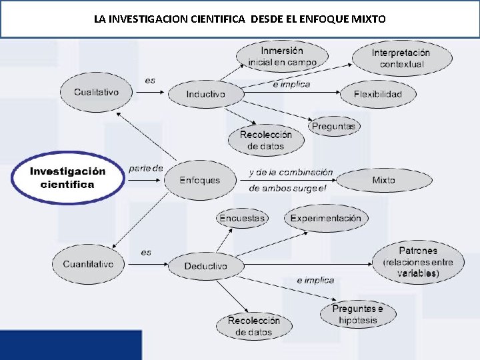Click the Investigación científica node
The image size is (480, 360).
pos(67,178)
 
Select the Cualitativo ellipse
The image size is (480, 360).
pos(96,92)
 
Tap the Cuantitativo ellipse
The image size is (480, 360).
pos(88,264)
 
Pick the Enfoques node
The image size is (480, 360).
pos(199,180)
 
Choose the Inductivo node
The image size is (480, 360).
pos(205,94)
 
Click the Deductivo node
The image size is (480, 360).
pos(205,266)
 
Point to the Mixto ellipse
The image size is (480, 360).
pos(383,180)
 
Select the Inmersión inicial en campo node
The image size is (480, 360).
pos(282,57)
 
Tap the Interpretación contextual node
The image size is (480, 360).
pos(401,58)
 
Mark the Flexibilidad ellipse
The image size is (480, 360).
pos(378,94)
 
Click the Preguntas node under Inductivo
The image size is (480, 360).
pos(333,126)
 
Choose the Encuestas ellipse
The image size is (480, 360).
pos(242,218)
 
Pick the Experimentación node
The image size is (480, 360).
pos(325,218)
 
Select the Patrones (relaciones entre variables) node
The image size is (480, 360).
pos(418,262)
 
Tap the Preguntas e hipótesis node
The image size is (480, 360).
pos(357,314)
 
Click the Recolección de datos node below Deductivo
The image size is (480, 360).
pos(253,326)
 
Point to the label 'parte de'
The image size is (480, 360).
pos(145,168)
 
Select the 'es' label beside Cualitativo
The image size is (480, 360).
pos(150,81)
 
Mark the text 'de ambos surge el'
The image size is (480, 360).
pos(288,188)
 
